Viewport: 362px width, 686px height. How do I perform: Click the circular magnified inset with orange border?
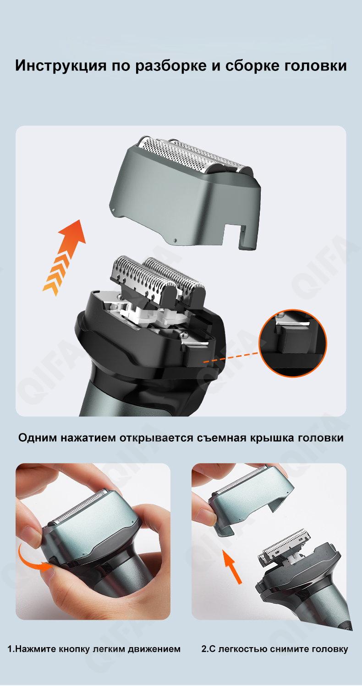click(293, 343)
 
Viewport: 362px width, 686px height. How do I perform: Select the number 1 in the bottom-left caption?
click(10, 649)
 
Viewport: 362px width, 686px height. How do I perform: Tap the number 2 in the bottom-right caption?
click(204, 649)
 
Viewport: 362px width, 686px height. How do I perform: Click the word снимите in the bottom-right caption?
click(288, 649)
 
